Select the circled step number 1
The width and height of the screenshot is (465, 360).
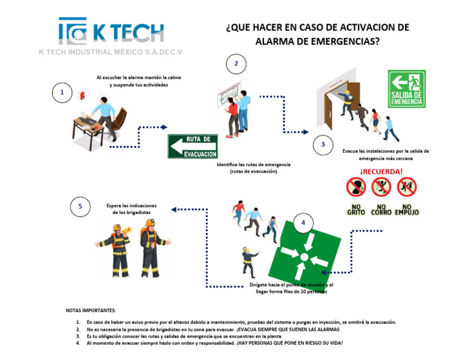pos(61,93)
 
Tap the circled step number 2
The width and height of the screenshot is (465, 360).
pos(236,64)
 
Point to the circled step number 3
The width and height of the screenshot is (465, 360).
pos(323,144)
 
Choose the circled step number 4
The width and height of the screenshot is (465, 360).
pos(303,223)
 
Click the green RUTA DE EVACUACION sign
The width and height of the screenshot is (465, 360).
pos(193,145)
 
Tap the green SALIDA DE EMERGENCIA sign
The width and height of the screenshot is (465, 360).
pos(407,88)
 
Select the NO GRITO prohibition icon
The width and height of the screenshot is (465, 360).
pos(355,187)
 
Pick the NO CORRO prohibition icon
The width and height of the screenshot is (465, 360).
pos(381,187)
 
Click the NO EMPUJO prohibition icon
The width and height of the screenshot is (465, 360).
pos(406,187)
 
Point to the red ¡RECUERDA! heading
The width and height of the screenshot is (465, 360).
pos(381,171)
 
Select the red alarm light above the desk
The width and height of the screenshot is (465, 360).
pos(82,95)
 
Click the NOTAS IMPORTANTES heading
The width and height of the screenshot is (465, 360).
pos(91,310)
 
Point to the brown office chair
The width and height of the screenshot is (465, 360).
pos(119,121)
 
